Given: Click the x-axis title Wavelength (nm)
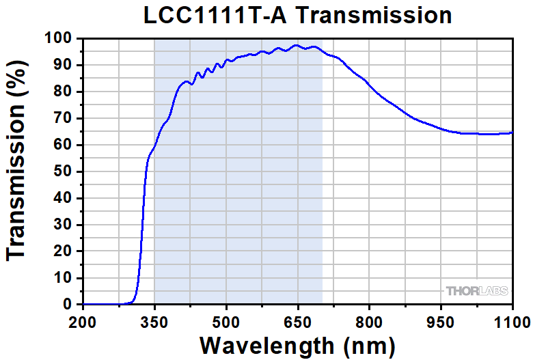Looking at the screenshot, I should click(297, 343).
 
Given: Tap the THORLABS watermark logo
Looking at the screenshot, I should click(477, 292).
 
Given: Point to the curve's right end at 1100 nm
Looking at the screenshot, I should click(512, 133).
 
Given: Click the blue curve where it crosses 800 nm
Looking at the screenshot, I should click(369, 83).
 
